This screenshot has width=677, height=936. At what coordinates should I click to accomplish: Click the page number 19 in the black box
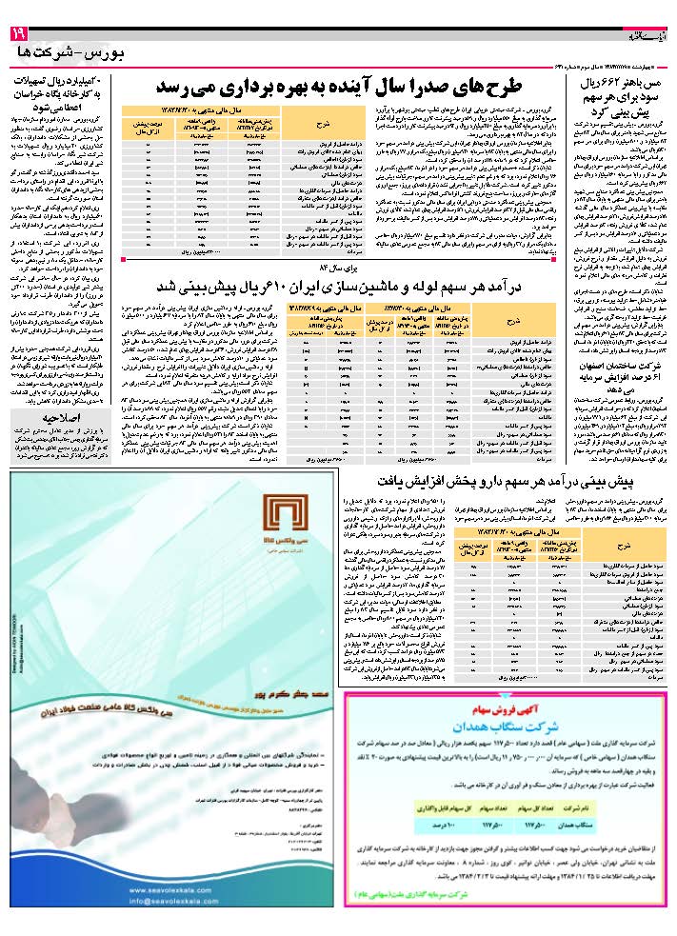(x=18, y=34)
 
